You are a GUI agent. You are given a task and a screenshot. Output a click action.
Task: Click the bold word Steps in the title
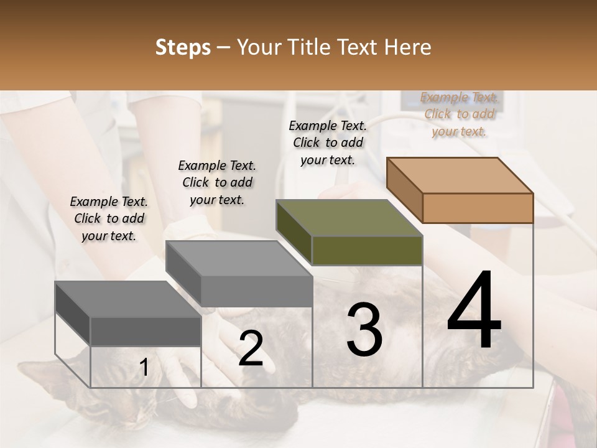[x=183, y=47]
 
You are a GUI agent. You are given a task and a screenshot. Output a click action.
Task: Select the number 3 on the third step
[x=364, y=330]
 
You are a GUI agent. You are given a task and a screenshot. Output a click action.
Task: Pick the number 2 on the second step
[x=251, y=348]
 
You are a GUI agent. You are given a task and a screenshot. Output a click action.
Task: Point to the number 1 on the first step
[x=144, y=368]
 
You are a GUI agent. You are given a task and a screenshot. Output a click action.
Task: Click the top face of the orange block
[x=460, y=175]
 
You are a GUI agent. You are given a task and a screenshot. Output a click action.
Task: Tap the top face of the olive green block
[x=349, y=218]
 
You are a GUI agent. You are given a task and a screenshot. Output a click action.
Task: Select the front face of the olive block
[x=367, y=251]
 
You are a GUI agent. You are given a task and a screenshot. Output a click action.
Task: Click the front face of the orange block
[x=478, y=208]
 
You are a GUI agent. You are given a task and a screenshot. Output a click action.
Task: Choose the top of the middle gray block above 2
[x=239, y=258]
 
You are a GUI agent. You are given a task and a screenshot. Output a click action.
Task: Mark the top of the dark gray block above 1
[x=128, y=299]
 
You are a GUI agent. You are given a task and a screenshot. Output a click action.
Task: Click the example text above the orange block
[x=459, y=114]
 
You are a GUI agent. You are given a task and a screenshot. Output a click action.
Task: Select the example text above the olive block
[x=328, y=142]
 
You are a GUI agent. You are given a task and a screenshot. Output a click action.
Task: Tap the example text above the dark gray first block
[x=109, y=218]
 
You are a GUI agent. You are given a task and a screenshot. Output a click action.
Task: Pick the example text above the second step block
[x=217, y=182]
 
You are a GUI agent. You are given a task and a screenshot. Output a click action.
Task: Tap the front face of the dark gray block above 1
[x=146, y=331]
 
